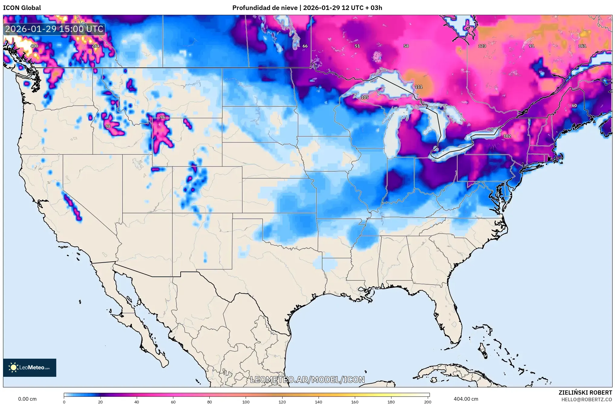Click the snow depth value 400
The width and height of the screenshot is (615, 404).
pos(34,46)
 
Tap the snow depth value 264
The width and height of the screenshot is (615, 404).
pos(95,46)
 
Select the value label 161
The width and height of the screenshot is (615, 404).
pos(582,46)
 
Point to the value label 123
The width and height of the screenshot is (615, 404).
pos(482,46)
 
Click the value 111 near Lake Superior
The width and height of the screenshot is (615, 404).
pos(418,87)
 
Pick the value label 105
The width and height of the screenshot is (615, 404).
pos(365,97)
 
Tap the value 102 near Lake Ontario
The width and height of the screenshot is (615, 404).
pos(507,136)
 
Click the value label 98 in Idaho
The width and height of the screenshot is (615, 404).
pos(108,126)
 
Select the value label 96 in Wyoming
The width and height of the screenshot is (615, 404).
pos(163,117)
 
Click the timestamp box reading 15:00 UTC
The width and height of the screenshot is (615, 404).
pos(54,29)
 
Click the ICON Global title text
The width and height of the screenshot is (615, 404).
pos(22,8)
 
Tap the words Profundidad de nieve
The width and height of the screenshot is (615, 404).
pos(265,8)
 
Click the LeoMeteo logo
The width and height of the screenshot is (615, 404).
pos(30,367)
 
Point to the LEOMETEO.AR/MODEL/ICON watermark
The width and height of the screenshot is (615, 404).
pos(307,380)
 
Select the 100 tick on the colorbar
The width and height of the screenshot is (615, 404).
pos(246,402)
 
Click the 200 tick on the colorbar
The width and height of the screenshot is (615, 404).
pos(427,402)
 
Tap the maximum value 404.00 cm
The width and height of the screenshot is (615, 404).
pos(466,399)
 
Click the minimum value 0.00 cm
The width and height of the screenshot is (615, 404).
pos(27,399)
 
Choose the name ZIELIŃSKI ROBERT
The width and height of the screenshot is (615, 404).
pos(585,393)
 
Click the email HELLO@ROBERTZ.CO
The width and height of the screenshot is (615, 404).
pos(587,399)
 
